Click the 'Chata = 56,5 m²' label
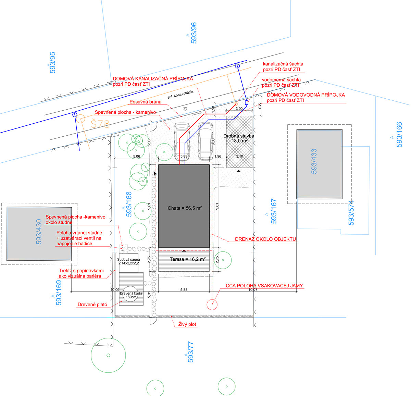[185, 208]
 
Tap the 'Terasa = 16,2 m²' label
[188, 259]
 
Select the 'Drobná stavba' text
[239, 136]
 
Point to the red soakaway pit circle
[212, 305]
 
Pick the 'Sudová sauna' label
[128, 259]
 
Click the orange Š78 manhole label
[100, 124]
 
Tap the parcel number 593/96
[194, 33]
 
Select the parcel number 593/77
[190, 352]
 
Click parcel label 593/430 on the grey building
[39, 232]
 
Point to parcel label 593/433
[314, 161]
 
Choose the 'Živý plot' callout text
[187, 324]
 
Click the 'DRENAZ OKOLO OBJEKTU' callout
[265, 239]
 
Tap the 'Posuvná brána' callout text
[145, 102]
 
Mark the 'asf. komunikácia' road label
[180, 95]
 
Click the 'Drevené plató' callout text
[92, 304]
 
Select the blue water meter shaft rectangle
[247, 103]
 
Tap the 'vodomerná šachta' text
[281, 80]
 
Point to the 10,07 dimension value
[253, 289]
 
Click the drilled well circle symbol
[123, 249]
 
